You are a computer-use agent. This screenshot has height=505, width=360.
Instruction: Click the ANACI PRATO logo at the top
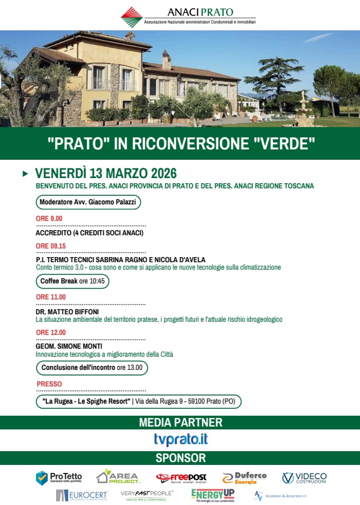(188, 15)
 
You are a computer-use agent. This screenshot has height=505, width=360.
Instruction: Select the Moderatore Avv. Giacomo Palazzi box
(88, 202)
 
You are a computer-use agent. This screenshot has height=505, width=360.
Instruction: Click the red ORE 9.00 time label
(49, 218)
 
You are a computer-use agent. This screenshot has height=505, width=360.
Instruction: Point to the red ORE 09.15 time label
(51, 246)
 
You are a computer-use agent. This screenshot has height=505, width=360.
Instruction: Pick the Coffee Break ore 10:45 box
(72, 281)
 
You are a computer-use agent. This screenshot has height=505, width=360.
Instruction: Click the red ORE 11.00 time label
(51, 297)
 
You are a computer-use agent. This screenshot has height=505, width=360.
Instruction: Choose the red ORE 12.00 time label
(51, 332)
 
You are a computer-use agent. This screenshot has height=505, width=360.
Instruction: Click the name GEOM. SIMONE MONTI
(69, 346)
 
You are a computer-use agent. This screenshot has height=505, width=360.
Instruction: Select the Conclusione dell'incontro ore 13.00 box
(92, 368)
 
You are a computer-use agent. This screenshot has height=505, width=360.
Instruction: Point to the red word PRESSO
(49, 384)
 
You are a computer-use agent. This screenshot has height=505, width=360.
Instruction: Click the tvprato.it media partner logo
(180, 439)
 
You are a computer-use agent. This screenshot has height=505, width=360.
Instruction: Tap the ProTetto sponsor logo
(60, 478)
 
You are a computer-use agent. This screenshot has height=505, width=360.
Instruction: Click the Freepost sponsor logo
(181, 478)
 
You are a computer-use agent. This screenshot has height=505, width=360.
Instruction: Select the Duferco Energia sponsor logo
(243, 478)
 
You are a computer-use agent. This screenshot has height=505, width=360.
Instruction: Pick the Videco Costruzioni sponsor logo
(304, 478)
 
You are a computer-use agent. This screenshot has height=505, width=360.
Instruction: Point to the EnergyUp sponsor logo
(212, 495)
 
